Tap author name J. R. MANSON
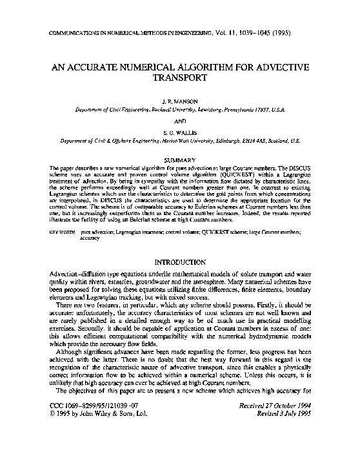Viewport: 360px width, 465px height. coord(179,102)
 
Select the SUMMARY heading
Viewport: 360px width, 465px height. coord(179,158)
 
